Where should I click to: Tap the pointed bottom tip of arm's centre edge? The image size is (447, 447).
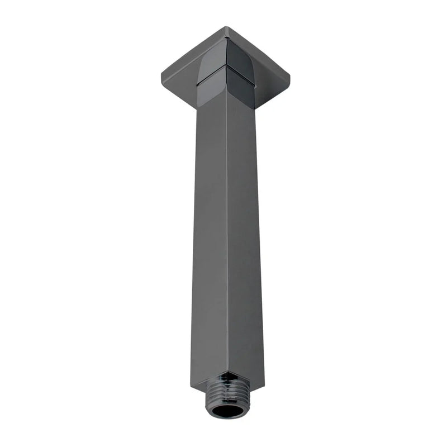tap(227, 372)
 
